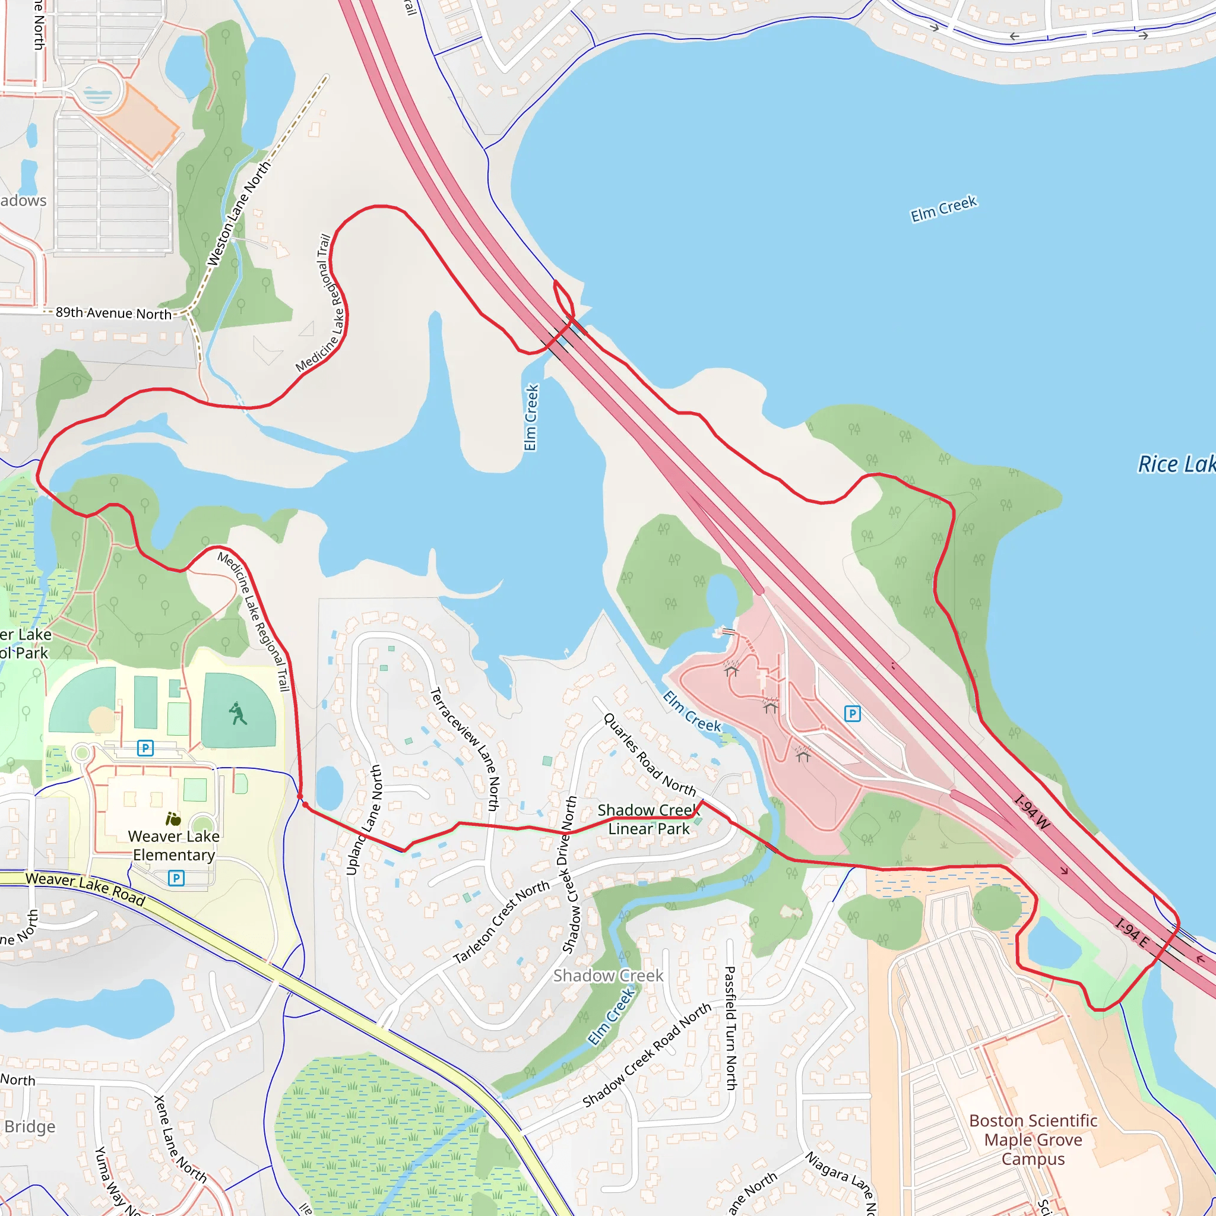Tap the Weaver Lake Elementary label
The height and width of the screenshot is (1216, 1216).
point(174,845)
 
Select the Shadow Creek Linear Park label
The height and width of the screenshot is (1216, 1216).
point(648,819)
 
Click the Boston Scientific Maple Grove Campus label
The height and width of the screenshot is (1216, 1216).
point(1033,1140)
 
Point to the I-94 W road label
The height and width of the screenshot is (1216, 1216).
point(1032,813)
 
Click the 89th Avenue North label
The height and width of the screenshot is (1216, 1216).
point(113,313)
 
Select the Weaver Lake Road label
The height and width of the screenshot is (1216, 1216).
point(85,889)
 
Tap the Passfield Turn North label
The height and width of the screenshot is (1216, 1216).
point(730,1028)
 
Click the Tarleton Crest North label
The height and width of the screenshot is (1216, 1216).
point(502,923)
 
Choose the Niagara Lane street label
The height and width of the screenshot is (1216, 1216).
point(840,1182)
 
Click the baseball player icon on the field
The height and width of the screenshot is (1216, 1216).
point(238,714)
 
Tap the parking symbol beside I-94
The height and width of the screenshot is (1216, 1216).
point(851,713)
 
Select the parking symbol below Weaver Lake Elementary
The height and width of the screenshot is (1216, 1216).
point(176,878)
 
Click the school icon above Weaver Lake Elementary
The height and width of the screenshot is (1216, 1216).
point(173,819)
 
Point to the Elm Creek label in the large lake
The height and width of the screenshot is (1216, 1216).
point(943,208)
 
